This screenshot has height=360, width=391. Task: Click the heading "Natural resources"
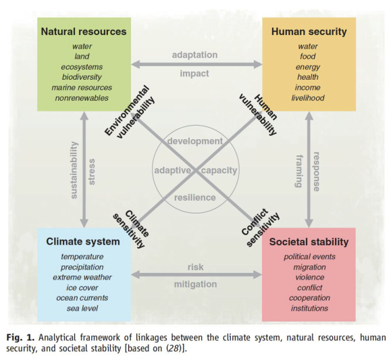coord(84,32)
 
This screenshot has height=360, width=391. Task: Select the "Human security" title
coord(309,32)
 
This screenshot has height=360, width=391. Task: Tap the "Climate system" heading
coord(83,242)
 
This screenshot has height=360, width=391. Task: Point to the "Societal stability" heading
coord(309,242)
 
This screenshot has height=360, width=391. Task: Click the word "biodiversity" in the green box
coord(82,77)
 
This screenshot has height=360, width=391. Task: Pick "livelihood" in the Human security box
coord(308,98)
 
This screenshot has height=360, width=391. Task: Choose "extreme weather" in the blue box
coord(82,277)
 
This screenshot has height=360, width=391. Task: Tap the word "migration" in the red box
coord(309,267)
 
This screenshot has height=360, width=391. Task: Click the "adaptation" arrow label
coord(194,55)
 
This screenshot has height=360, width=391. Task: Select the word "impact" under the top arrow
coord(194,74)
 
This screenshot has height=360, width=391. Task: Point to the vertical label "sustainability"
coord(74,170)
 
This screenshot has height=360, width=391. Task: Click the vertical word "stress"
coord(92,172)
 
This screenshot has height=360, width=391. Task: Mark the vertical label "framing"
coord(299,171)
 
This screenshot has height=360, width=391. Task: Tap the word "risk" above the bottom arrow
coord(196,267)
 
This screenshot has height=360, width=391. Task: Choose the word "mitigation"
coord(196,284)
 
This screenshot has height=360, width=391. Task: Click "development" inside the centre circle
coord(195,141)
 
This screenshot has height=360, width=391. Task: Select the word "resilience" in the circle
coord(195,198)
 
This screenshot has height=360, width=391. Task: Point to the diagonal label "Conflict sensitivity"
coord(260,228)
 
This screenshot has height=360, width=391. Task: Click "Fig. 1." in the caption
coord(20,338)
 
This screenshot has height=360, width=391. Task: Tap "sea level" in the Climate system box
coord(82,309)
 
